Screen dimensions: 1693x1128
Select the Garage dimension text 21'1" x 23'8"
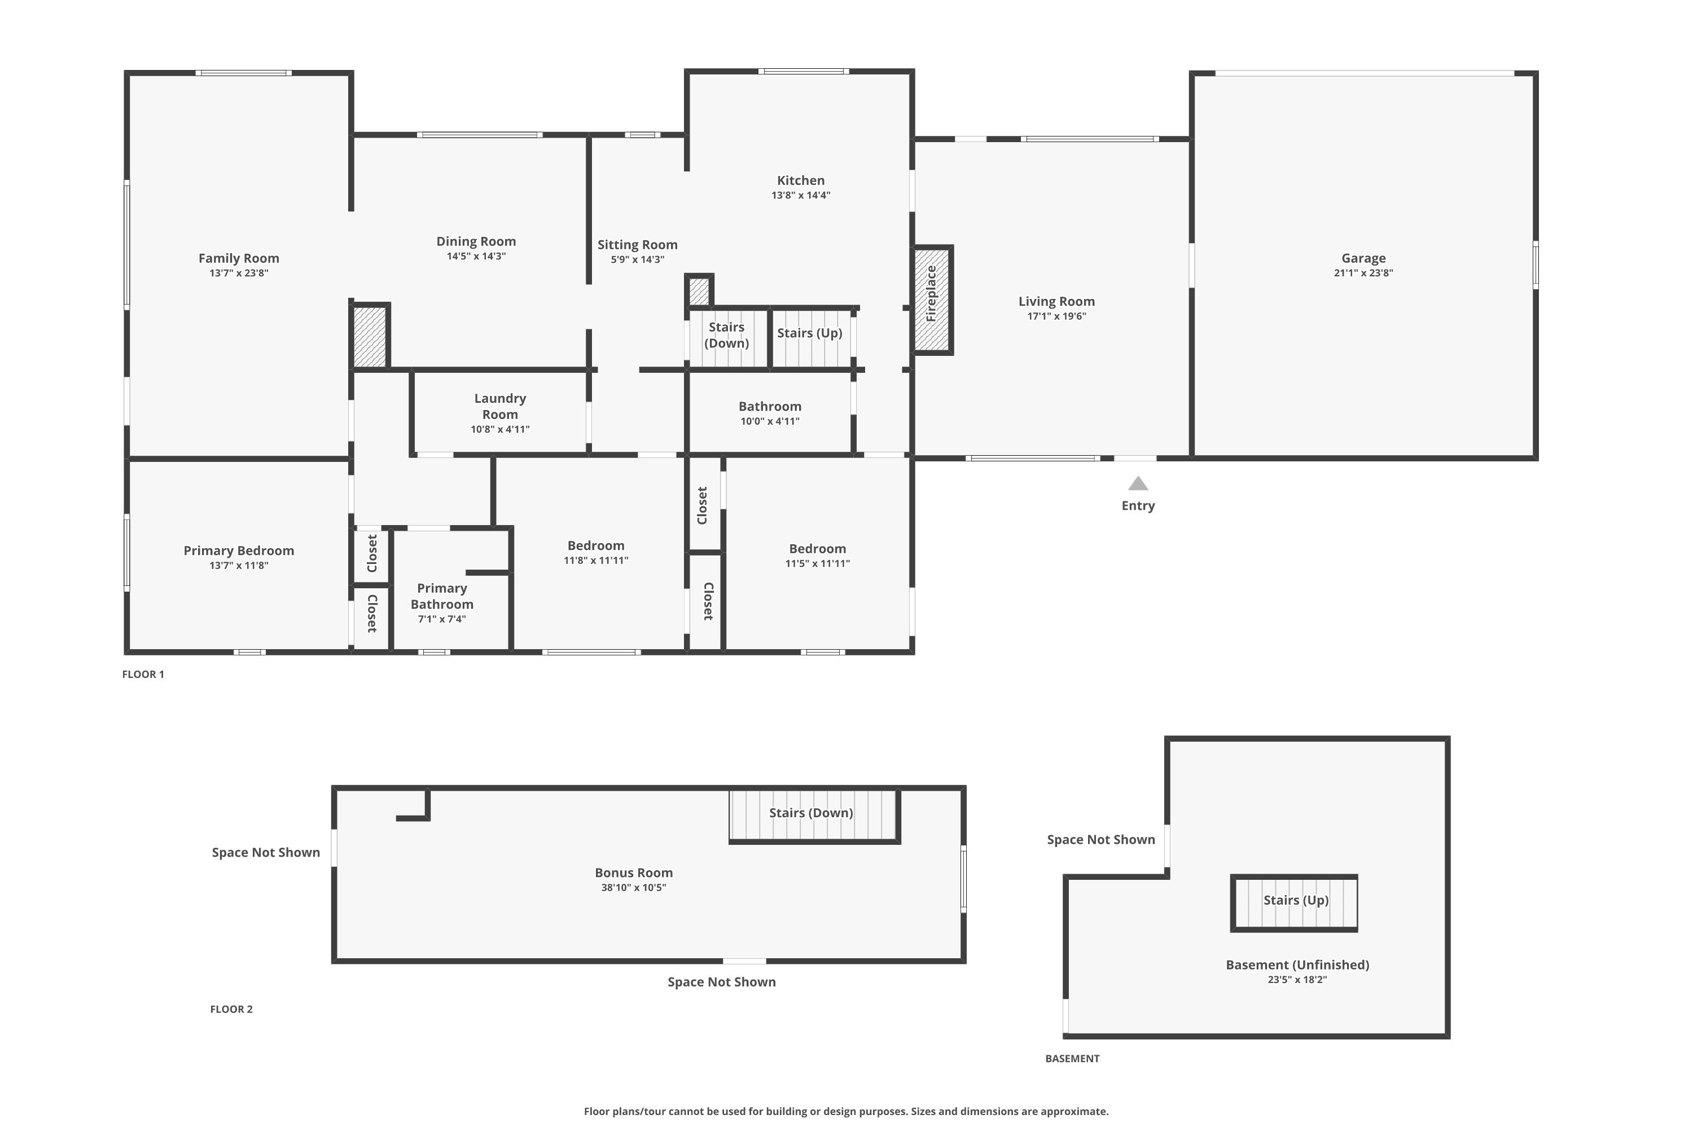(1363, 272)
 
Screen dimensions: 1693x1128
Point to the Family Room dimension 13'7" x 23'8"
(239, 272)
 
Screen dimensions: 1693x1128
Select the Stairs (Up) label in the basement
(1296, 900)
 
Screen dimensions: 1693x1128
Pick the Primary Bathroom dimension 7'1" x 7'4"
(442, 619)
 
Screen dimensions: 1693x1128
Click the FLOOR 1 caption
(143, 674)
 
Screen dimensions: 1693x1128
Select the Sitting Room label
(637, 245)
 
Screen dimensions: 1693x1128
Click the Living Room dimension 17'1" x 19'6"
(1056, 316)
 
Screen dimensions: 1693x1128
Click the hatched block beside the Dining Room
(370, 337)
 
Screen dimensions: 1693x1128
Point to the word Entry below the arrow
(1138, 506)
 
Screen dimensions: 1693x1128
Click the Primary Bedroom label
(239, 550)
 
